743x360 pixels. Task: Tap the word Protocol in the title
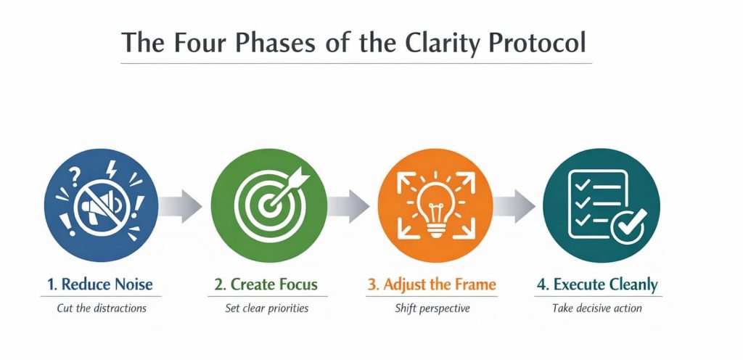[x=535, y=43]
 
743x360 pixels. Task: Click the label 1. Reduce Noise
[x=101, y=284]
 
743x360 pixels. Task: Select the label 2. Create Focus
[x=266, y=284]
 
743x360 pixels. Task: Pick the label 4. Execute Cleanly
[x=598, y=284]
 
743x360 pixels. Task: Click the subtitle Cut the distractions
[x=102, y=308]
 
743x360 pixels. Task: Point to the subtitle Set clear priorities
[x=266, y=308]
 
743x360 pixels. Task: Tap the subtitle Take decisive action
[x=597, y=308]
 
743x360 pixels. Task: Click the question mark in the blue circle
[x=72, y=173]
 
